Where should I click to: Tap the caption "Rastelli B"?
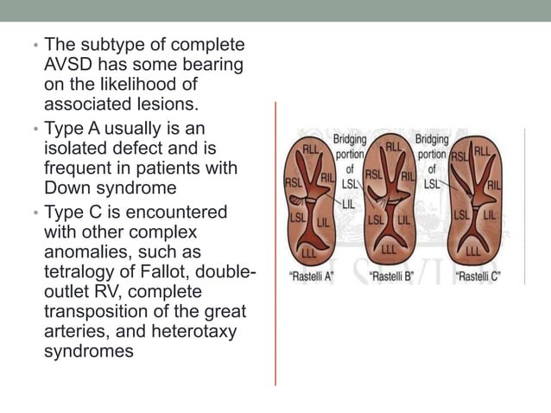[x=396, y=277]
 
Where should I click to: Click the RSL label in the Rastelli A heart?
[x=294, y=183]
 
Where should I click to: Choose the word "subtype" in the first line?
[x=107, y=44]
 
